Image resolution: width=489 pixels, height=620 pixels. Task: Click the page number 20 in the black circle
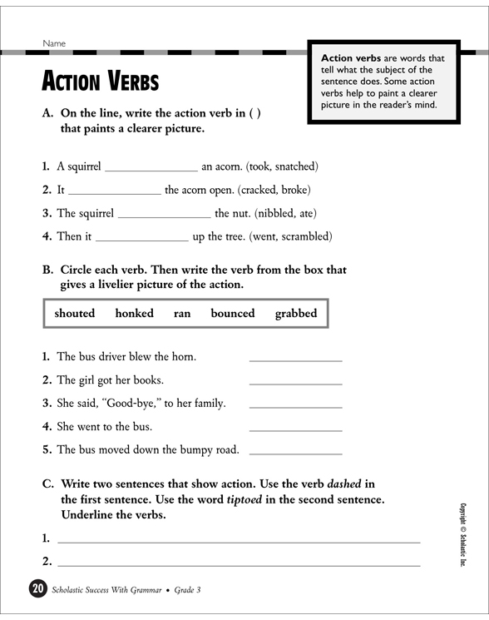(37, 589)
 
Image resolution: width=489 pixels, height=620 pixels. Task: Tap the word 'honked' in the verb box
(134, 314)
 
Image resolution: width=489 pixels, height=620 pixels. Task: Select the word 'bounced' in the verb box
(233, 314)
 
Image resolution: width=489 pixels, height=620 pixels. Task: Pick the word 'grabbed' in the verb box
(296, 314)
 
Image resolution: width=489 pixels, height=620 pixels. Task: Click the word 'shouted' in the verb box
(75, 314)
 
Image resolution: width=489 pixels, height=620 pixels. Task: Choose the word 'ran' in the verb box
(182, 314)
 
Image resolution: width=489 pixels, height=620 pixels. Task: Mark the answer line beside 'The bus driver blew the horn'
(295, 360)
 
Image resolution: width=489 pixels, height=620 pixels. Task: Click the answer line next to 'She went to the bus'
(295, 429)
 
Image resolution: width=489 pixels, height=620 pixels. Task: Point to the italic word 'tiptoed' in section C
(250, 499)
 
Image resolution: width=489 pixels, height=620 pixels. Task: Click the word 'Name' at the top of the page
(54, 43)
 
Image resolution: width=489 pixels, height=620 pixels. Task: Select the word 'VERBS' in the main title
(132, 83)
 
